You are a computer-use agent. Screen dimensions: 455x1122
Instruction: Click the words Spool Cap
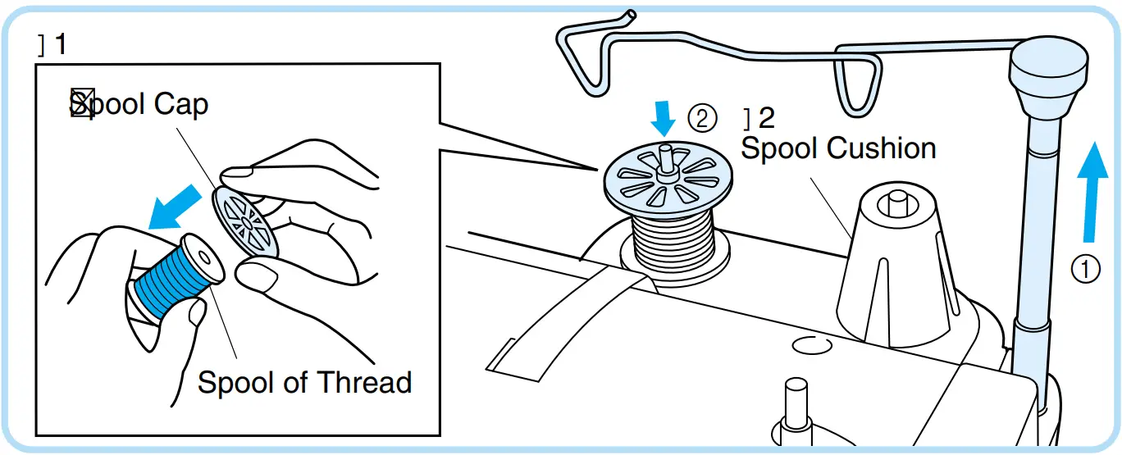tap(139, 104)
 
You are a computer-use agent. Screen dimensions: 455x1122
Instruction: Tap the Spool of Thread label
tap(304, 382)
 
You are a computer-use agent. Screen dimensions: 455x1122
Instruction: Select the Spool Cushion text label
tap(838, 148)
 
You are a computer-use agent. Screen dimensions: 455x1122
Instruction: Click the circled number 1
tap(1087, 269)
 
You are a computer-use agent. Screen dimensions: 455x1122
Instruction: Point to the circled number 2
tap(702, 120)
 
